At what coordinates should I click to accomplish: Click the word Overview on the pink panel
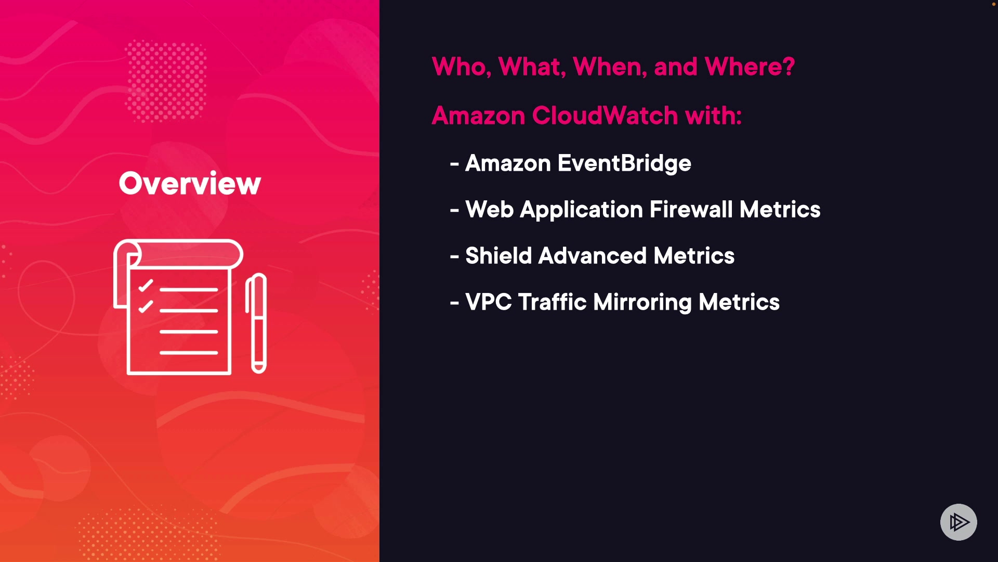tap(190, 183)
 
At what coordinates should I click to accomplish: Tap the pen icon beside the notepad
tap(256, 323)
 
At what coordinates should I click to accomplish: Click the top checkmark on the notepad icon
tap(146, 286)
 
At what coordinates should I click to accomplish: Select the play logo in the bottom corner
tap(958, 522)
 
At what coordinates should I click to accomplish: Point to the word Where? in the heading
tap(750, 67)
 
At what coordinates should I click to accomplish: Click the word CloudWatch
tap(605, 115)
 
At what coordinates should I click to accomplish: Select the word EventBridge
tap(624, 163)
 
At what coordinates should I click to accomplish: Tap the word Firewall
tap(691, 210)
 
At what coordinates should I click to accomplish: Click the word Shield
tap(498, 256)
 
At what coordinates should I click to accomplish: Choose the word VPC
tap(489, 302)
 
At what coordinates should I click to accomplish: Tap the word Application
tap(582, 210)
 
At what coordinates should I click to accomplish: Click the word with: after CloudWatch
tap(714, 115)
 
